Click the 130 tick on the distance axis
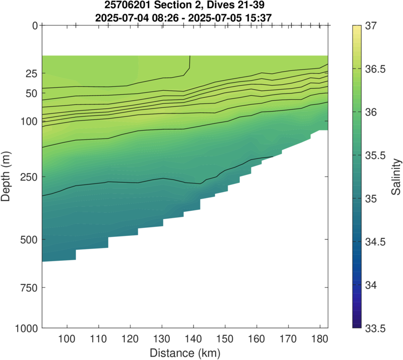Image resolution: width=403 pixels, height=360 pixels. click(162, 338)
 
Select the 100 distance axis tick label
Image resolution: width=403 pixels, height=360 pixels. click(67, 338)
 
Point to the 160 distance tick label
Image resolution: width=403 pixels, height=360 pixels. click(256, 338)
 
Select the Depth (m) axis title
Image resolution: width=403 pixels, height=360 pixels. click(7, 177)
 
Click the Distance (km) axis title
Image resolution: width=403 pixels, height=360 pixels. click(185, 351)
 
